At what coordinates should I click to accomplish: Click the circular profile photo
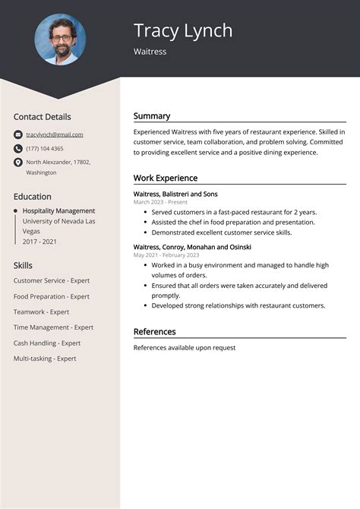60,40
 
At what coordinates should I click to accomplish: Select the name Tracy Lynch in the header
183,30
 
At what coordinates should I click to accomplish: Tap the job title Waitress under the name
150,52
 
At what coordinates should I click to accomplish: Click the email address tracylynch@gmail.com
55,134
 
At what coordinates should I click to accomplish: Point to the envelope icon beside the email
17,134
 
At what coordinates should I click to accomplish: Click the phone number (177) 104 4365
45,148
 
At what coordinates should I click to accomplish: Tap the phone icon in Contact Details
17,148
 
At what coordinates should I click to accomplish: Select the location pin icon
17,163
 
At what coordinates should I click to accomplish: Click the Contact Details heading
42,117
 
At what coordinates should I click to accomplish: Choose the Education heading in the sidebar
32,196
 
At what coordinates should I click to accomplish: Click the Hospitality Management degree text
58,210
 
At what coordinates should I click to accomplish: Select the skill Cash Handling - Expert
50,343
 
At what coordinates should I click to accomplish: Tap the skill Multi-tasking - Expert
45,358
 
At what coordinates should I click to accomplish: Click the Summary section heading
152,116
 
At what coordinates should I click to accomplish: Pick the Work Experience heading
166,178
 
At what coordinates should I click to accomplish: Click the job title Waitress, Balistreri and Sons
175,194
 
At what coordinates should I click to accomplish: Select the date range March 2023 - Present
160,202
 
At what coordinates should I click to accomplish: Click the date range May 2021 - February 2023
166,255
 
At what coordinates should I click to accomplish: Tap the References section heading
155,331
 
